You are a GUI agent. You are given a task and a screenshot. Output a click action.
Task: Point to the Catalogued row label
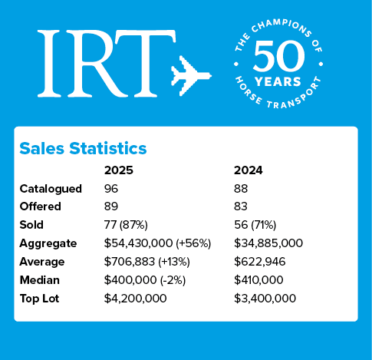49,188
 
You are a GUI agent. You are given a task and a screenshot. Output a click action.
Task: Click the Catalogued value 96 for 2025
112,188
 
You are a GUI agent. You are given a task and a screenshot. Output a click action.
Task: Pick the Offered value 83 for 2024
241,206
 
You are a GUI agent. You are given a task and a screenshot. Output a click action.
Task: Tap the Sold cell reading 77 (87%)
130,225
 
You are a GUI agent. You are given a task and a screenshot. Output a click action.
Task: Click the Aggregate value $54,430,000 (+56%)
156,243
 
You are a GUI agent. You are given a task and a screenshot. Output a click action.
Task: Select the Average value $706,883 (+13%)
146,262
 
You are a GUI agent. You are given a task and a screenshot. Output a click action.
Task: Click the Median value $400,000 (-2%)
144,280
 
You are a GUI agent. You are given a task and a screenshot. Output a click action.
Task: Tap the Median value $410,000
262,280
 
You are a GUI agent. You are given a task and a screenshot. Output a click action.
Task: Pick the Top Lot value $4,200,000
136,299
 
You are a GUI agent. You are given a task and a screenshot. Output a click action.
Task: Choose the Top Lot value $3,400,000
265,299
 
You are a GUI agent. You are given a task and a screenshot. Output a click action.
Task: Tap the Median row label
40,280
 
